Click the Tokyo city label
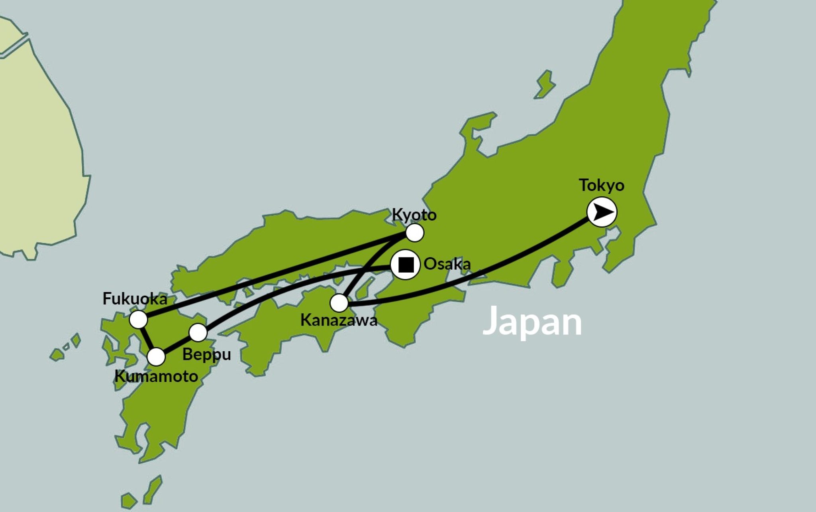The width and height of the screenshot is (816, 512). [x=601, y=185]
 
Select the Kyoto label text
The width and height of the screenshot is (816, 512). [x=414, y=215]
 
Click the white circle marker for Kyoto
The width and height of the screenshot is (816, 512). [x=414, y=233]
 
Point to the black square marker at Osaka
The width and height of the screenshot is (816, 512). [x=406, y=265]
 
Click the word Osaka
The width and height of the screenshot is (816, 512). [x=447, y=264]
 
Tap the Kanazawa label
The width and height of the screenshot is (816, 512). [x=339, y=320]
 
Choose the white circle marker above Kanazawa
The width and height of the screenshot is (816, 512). [x=339, y=303]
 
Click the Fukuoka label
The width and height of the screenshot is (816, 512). [x=135, y=299]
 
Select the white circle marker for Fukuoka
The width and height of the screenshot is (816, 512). [x=139, y=319]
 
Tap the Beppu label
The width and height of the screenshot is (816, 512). [x=206, y=354]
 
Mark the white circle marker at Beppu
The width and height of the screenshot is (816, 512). [x=198, y=332]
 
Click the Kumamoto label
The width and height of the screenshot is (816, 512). [x=156, y=376]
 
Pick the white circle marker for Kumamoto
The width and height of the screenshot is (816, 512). [x=157, y=357]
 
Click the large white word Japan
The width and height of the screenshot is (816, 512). [x=532, y=322]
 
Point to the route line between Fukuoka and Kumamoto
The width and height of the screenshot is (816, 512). [x=148, y=338]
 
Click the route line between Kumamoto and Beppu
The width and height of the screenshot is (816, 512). [x=177, y=345]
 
